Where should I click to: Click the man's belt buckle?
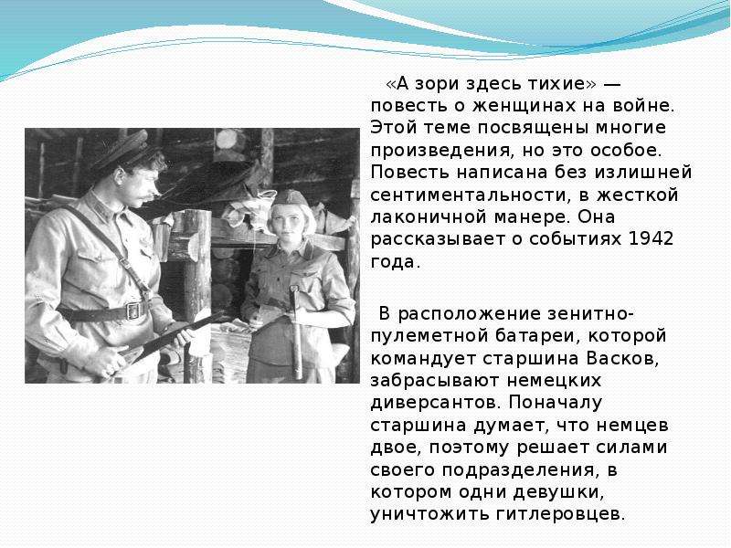click(x=133, y=311)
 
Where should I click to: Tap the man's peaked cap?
click(x=122, y=149)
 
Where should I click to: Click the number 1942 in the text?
click(x=651, y=238)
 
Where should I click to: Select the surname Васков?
click(x=623, y=358)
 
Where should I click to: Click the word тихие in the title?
click(x=557, y=83)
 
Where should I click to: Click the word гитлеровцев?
click(x=560, y=514)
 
